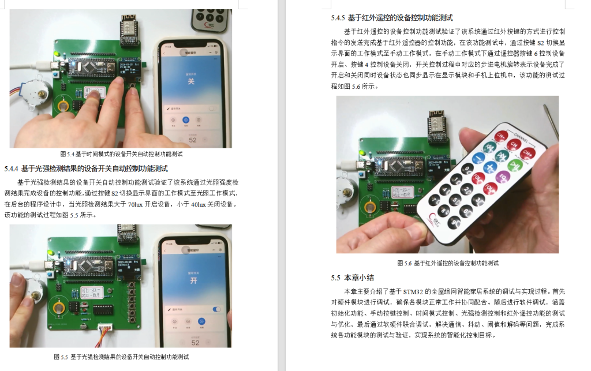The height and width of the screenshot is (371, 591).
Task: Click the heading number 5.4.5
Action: [x=338, y=17]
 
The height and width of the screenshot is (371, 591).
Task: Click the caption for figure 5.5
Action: [x=121, y=357]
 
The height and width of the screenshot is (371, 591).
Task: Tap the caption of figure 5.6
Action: [x=447, y=263]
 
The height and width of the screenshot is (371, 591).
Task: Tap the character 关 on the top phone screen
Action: [x=190, y=81]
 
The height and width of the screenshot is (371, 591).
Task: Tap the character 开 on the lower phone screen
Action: [x=194, y=280]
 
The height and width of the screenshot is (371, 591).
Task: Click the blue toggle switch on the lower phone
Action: [x=216, y=309]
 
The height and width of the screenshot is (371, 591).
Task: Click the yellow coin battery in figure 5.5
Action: [x=61, y=306]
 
